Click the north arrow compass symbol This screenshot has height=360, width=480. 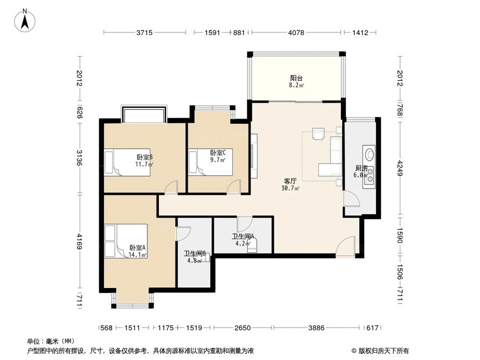(x=25, y=20)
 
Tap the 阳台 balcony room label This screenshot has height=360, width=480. (x=296, y=78)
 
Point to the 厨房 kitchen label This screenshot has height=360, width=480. (x=361, y=168)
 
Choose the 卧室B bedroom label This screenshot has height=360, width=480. (x=144, y=157)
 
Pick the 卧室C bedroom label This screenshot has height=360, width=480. (x=218, y=153)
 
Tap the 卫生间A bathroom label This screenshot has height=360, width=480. (x=243, y=236)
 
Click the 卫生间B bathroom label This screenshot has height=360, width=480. (x=196, y=253)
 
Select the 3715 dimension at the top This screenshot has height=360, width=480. (x=144, y=33)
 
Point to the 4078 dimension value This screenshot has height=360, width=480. (x=296, y=33)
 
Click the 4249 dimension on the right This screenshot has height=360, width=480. (x=400, y=168)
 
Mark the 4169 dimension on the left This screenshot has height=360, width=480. (x=80, y=241)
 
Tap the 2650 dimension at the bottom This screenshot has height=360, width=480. (x=242, y=328)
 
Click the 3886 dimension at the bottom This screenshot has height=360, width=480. (x=316, y=328)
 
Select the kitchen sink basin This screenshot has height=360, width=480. (x=370, y=153)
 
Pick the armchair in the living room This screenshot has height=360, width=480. (x=318, y=134)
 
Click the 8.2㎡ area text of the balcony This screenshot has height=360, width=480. (x=296, y=85)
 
